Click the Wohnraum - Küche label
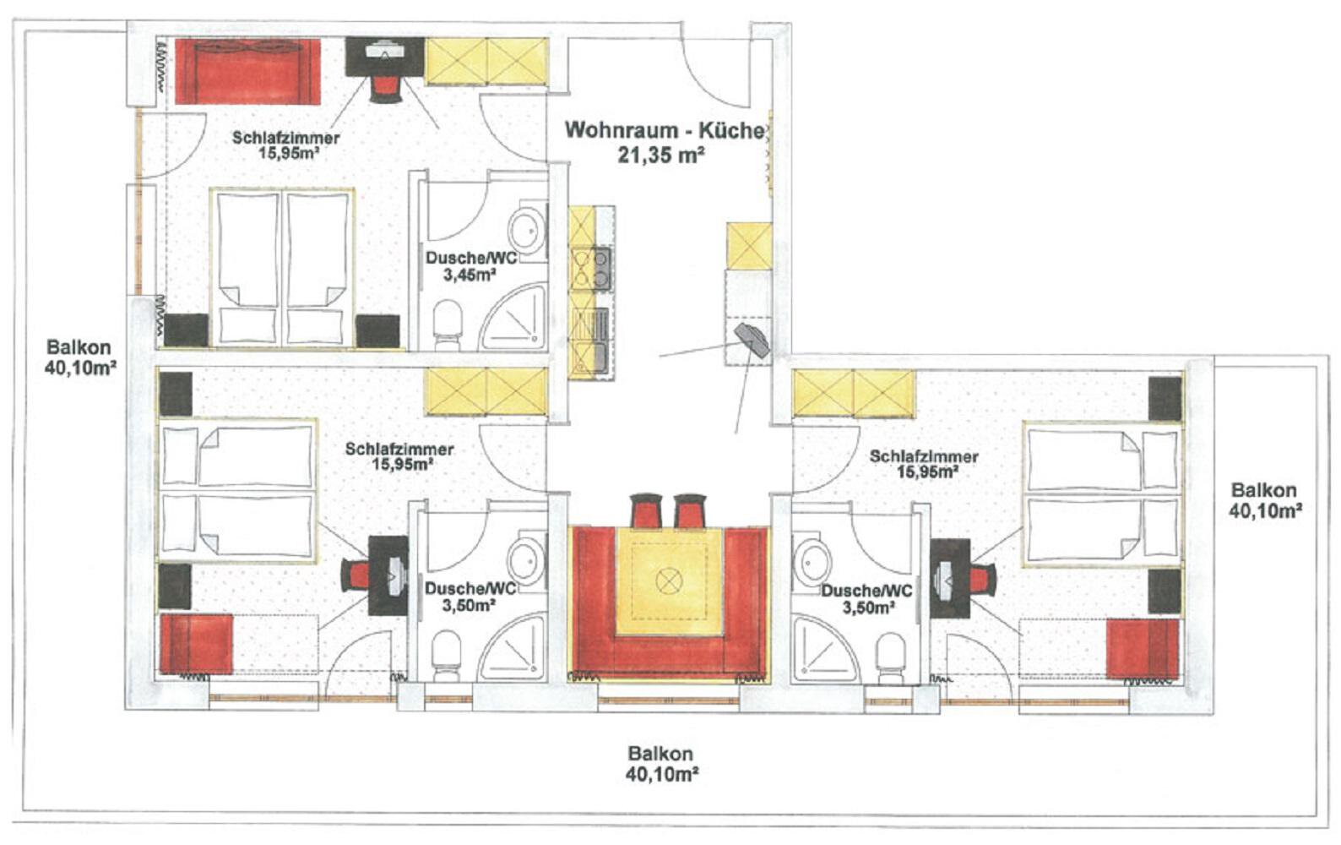tap(665, 131)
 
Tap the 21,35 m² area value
tap(660, 155)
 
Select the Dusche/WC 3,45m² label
tap(470, 266)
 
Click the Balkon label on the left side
tap(79, 357)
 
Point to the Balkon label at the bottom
tap(661, 764)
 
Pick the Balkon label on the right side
tap(1264, 500)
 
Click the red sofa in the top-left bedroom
tap(247, 71)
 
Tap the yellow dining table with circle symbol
tap(670, 581)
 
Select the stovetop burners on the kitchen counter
tap(590, 269)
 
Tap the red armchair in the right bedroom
tap(1143, 649)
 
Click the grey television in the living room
tap(752, 340)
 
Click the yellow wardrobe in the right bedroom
tap(853, 394)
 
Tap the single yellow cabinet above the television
tap(749, 246)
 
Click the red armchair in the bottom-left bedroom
tap(197, 643)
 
